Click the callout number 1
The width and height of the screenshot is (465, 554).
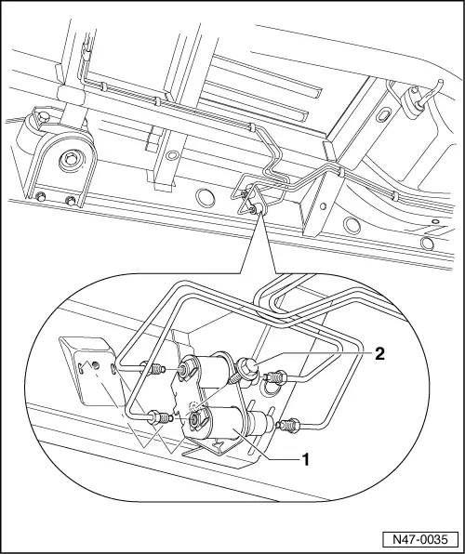[x=305, y=460]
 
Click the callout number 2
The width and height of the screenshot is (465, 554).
[x=379, y=353]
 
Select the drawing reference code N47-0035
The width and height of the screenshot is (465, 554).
[x=420, y=540]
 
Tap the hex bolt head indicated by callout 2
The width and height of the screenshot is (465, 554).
[x=248, y=370]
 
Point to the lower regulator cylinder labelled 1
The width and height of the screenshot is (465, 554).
[x=226, y=423]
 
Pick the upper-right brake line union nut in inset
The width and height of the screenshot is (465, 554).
[x=276, y=377]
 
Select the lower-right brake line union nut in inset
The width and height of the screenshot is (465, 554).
[x=289, y=424]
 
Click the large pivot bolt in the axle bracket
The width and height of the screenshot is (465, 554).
[x=72, y=159]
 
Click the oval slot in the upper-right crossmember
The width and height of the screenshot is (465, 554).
[x=383, y=116]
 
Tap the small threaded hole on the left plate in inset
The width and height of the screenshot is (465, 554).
[x=96, y=364]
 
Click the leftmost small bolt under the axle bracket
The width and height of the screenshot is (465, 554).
[x=41, y=196]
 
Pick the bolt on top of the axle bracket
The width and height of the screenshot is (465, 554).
[x=43, y=116]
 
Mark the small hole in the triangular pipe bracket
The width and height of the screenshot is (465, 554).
[x=323, y=206]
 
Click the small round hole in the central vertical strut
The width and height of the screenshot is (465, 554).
[x=172, y=155]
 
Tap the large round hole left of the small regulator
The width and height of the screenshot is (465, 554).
[x=206, y=197]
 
